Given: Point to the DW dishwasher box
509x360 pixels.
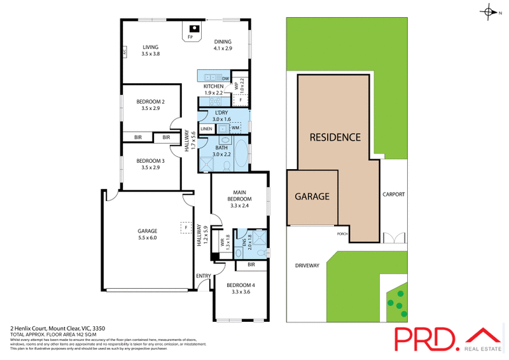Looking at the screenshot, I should point(225,78).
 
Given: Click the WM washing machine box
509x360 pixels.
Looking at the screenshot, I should point(235,128).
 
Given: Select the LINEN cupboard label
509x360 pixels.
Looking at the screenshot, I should point(206,128).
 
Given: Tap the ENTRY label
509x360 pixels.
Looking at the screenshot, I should point(204,275).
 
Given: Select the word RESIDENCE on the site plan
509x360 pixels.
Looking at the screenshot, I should point(335,137).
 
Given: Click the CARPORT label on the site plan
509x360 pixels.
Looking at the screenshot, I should point(393,195).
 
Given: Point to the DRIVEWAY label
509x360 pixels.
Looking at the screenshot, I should point(307,265).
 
